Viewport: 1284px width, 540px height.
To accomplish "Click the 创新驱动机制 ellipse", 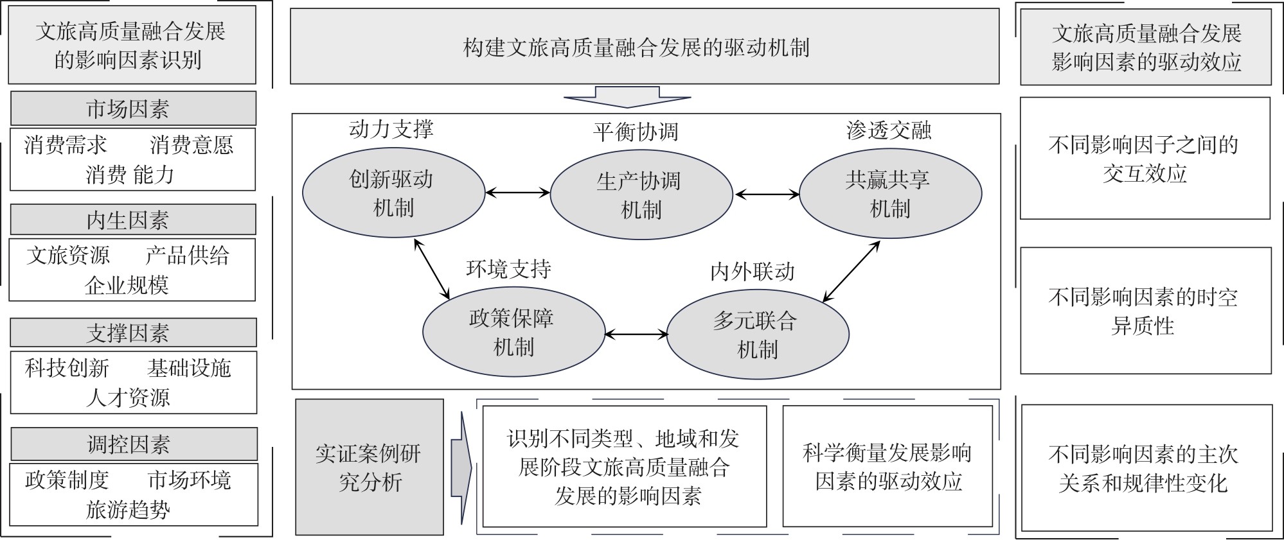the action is (x=393, y=193).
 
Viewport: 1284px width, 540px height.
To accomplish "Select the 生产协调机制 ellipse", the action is (x=641, y=195).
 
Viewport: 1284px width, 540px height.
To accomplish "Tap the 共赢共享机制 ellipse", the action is (x=890, y=193).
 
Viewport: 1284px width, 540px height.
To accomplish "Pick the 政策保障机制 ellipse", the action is (x=513, y=332).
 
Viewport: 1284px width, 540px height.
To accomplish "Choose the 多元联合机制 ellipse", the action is (x=758, y=335).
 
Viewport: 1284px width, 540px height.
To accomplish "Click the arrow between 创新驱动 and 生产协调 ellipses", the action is (x=517, y=192).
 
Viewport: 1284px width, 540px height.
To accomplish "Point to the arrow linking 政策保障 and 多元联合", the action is (x=636, y=334).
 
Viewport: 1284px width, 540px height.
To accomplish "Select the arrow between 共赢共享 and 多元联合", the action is (x=851, y=271).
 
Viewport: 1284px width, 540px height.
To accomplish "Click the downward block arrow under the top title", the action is (x=627, y=96).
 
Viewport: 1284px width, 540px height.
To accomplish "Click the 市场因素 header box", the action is (x=133, y=108).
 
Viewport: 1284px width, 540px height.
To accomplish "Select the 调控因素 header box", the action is (x=134, y=444).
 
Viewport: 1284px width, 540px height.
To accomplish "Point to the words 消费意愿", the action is (x=192, y=144).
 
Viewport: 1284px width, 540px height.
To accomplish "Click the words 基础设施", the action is (x=189, y=368).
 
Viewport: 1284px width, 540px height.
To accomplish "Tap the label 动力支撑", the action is (x=391, y=130).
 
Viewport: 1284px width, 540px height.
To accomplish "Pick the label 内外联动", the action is (x=753, y=272).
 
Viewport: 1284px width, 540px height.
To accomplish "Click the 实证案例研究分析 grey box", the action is (x=370, y=467).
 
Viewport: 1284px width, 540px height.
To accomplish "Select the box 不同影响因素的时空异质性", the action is (x=1145, y=311).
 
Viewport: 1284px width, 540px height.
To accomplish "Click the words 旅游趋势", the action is (x=128, y=510).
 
